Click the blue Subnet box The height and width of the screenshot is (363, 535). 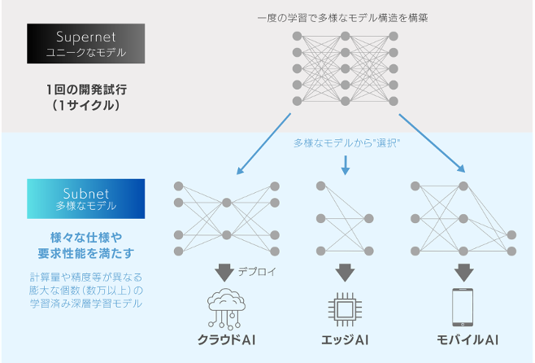click(85, 200)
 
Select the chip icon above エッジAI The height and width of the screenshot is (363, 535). click(346, 308)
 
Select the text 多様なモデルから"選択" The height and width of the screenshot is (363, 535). click(347, 143)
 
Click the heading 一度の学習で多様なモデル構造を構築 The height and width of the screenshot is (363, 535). click(345, 17)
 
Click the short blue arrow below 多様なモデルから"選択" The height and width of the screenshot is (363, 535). click(346, 165)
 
